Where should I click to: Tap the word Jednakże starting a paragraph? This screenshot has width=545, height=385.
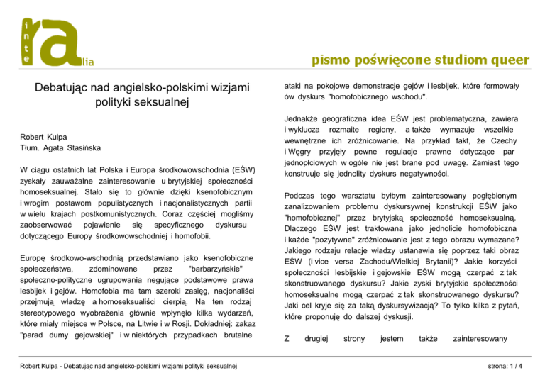(x=306, y=117)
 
